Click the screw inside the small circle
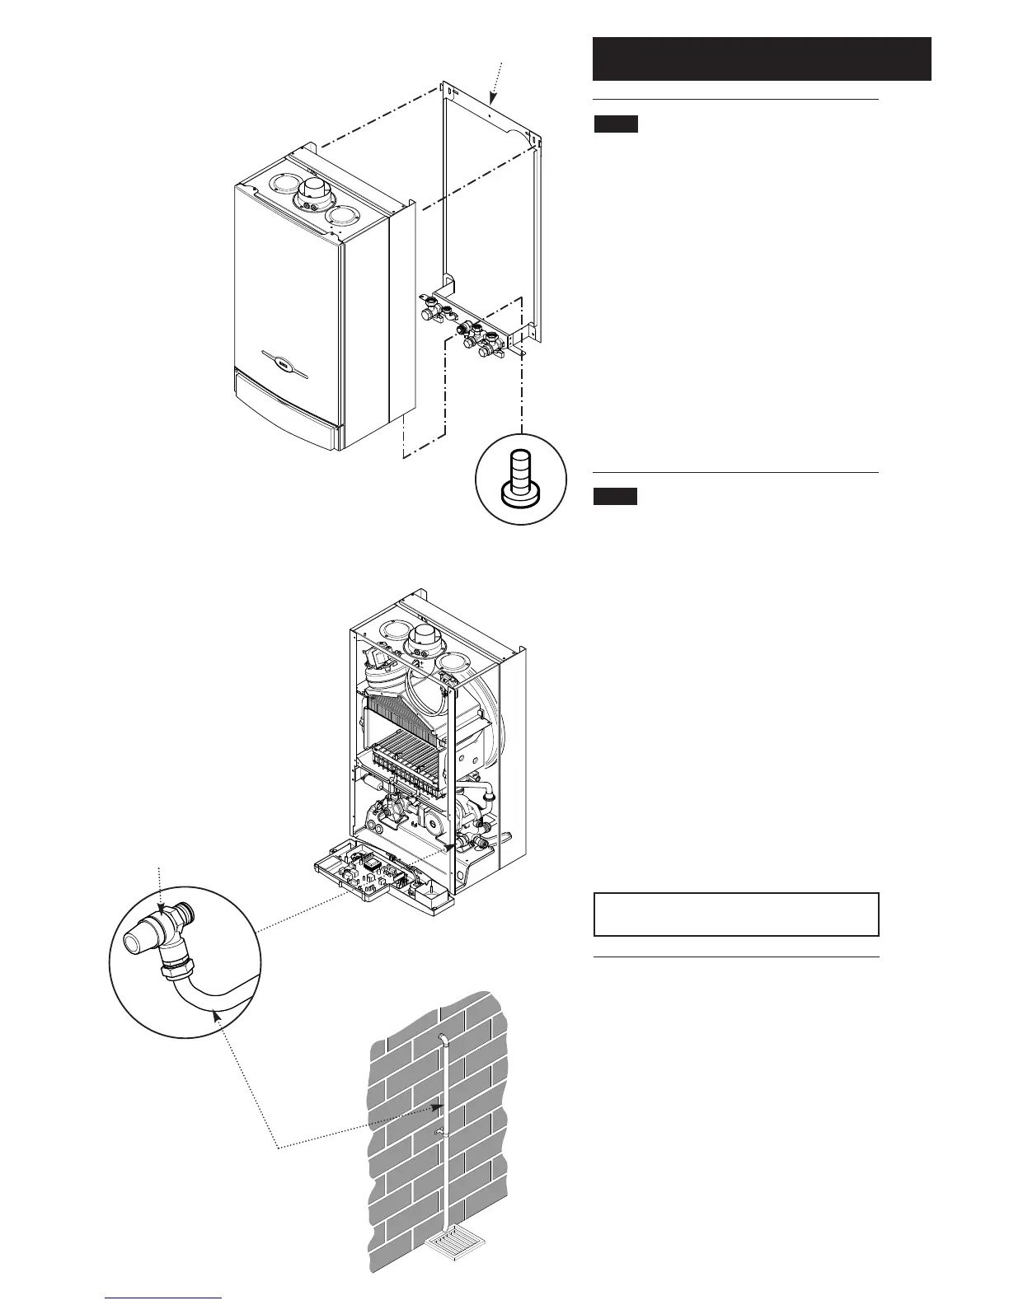[x=520, y=476]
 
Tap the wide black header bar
[x=762, y=58]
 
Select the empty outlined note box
[x=736, y=914]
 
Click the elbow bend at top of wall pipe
[x=443, y=1040]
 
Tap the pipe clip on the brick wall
[x=441, y=1134]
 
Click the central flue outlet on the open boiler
[x=426, y=636]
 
